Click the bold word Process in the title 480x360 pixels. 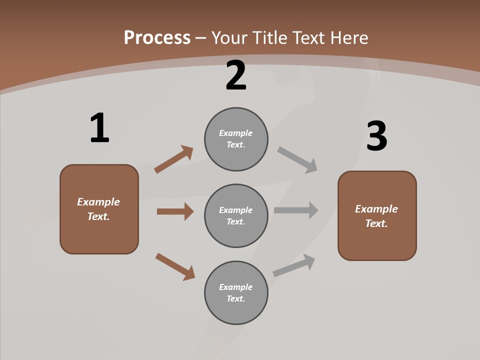157,38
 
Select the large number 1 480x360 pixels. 99,128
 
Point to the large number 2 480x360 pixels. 236,76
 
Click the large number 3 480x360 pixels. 377,136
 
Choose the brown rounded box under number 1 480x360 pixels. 99,209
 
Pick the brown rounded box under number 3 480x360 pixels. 377,215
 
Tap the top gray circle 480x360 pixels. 236,139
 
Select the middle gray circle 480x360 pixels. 236,215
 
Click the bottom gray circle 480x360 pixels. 236,292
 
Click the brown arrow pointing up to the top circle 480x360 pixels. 173,159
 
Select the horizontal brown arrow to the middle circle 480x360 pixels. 175,211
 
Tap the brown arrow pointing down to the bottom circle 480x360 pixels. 175,266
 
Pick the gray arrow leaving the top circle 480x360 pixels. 297,159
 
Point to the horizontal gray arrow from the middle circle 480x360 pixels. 296,210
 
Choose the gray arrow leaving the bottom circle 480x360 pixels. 294,265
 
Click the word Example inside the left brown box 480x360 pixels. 98,202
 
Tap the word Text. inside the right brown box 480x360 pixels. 376,223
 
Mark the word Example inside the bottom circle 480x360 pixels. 236,287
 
